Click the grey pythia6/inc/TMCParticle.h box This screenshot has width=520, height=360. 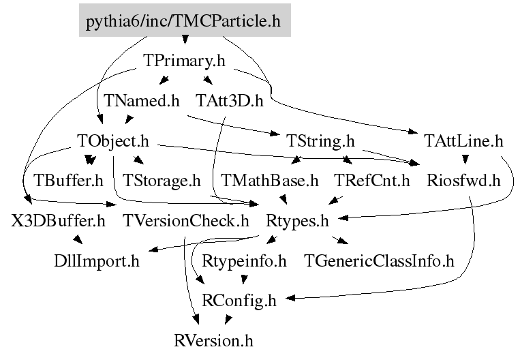pyautogui.click(x=183, y=21)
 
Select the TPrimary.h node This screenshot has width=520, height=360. pyautogui.click(x=185, y=61)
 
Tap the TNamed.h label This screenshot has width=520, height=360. pyautogui.click(x=142, y=101)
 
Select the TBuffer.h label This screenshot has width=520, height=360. pyautogui.click(x=68, y=181)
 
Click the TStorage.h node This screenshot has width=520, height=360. pyautogui.click(x=162, y=181)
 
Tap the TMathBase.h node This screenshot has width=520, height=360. pyautogui.click(x=270, y=181)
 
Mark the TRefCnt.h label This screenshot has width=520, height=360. pyautogui.click(x=372, y=181)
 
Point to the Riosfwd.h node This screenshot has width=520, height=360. pyautogui.click(x=463, y=181)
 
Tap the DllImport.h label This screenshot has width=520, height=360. pyautogui.click(x=97, y=260)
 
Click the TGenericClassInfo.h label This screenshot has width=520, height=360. pyautogui.click(x=379, y=260)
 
